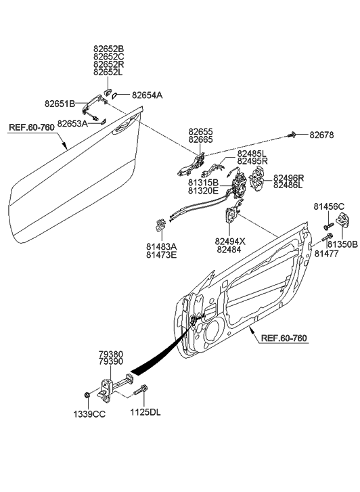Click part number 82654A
(147, 95)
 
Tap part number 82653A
(72, 124)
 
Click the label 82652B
(109, 49)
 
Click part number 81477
(326, 253)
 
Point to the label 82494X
(231, 240)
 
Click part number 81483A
(160, 246)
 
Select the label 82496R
(289, 178)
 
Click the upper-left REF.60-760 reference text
(32, 127)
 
